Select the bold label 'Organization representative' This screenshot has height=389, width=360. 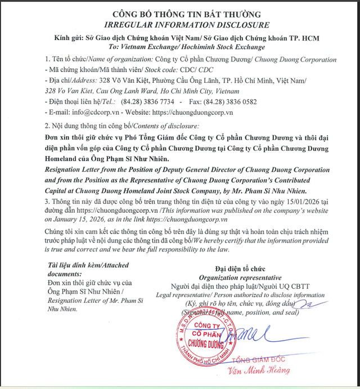[x=240, y=278]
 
